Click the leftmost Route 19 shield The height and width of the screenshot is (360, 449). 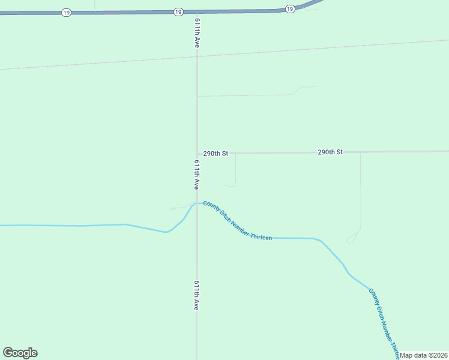pos(66,13)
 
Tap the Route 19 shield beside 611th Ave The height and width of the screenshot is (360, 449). pos(178,12)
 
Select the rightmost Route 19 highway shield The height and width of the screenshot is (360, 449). pos(290,8)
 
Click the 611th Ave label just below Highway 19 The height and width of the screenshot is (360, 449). pos(197,32)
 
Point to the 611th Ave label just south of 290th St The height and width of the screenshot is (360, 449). pos(197,175)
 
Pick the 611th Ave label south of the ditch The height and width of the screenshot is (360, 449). pos(196,295)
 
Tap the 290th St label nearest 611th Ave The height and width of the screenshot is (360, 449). pos(215,154)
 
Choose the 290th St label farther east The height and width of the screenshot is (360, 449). pos(330,152)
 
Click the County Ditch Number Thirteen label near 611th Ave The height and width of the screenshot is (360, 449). pos(237,221)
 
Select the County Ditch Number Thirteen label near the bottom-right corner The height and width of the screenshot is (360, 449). pos(384,320)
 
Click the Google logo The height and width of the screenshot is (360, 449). pos(20,353)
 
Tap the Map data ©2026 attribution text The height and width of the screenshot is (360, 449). pos(424,355)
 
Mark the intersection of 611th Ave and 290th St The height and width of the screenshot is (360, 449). pos(197,154)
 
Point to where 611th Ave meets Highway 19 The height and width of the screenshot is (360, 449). pos(197,11)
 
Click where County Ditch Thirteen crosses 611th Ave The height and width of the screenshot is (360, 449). pos(196,203)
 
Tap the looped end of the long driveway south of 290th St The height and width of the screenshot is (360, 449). pos(351,241)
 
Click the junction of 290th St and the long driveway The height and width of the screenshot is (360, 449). pos(360,152)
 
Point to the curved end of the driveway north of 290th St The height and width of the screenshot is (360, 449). pos(306,87)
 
